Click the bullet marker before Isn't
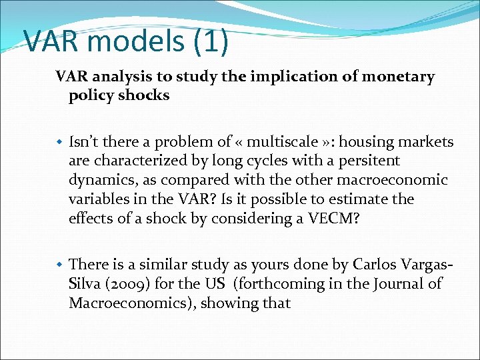coord(60,142)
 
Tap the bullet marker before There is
coord(60,265)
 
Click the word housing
coord(353,142)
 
